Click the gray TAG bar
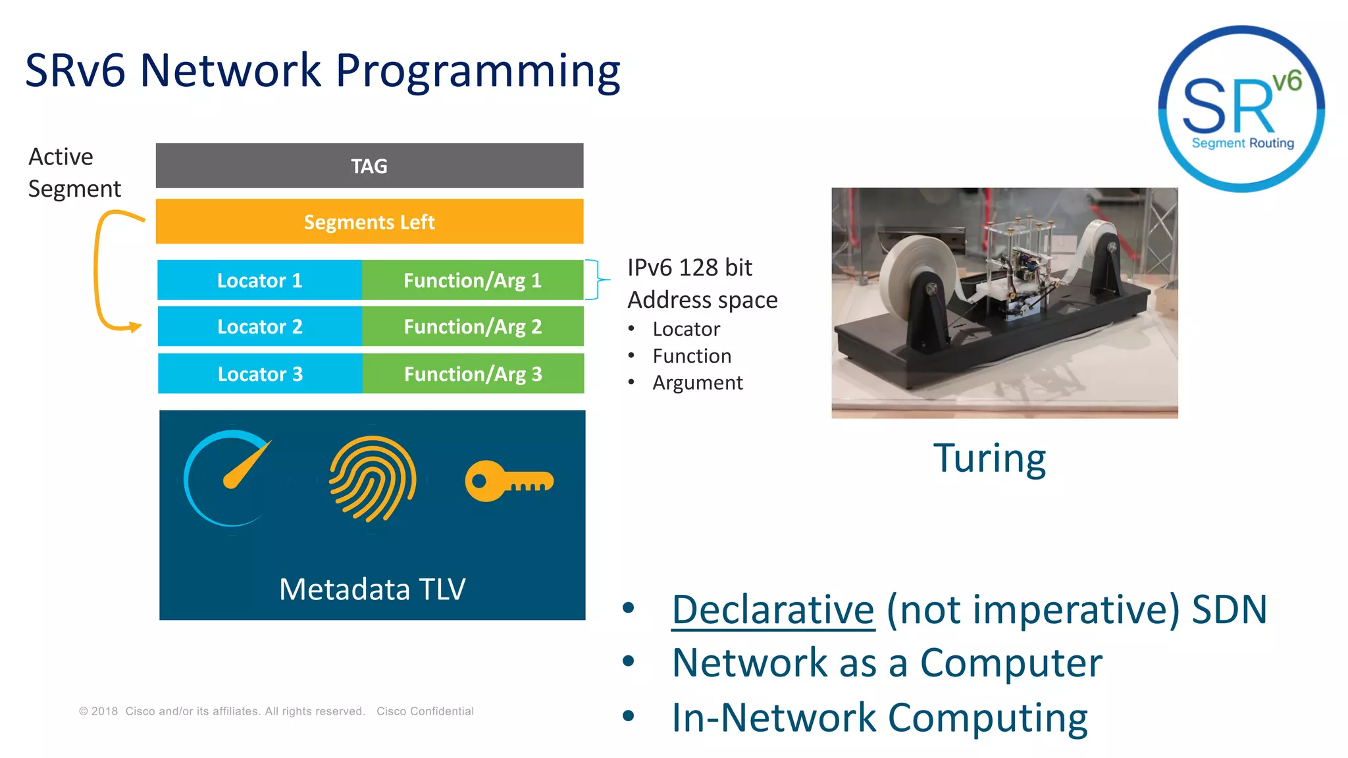pyautogui.click(x=369, y=166)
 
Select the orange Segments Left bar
pyautogui.click(x=369, y=222)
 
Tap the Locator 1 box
pyautogui.click(x=259, y=280)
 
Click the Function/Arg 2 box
pyautogui.click(x=473, y=326)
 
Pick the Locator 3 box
pyautogui.click(x=260, y=374)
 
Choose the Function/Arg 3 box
pyautogui.click(x=473, y=374)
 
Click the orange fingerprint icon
pyautogui.click(x=373, y=479)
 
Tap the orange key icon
pyautogui.click(x=509, y=482)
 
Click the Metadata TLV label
pyautogui.click(x=372, y=589)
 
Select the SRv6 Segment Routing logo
pyautogui.click(x=1241, y=109)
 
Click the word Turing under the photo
pyautogui.click(x=989, y=459)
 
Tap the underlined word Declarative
pyautogui.click(x=773, y=610)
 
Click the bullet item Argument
pyautogui.click(x=697, y=383)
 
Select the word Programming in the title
pyautogui.click(x=478, y=71)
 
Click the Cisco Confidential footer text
pyautogui.click(x=425, y=711)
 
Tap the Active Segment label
pyautogui.click(x=74, y=172)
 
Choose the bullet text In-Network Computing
pyautogui.click(x=879, y=717)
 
